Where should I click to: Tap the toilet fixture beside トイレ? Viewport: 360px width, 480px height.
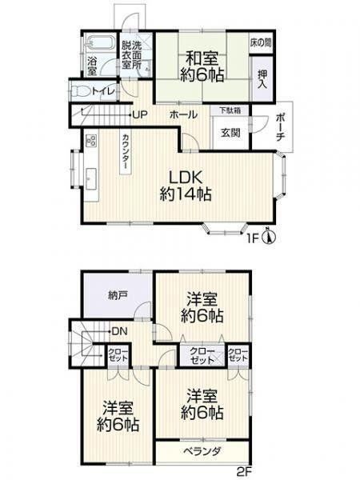click(79, 91)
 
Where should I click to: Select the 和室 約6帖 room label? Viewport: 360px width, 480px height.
click(202, 66)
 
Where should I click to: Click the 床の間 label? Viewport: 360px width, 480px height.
click(261, 42)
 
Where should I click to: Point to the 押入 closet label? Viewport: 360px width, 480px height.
click(262, 79)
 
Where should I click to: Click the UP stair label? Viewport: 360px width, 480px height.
click(140, 114)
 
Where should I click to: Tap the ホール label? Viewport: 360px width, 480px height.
click(183, 114)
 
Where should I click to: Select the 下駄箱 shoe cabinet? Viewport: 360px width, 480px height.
click(230, 110)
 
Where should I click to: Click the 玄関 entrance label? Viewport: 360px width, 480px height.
click(230, 133)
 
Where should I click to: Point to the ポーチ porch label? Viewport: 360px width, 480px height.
click(279, 127)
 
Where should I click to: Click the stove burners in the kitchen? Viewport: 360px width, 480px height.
click(91, 141)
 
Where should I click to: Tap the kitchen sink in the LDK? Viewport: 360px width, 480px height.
click(91, 178)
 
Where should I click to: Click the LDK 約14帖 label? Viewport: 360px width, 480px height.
click(186, 186)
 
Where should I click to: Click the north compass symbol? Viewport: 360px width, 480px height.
click(270, 237)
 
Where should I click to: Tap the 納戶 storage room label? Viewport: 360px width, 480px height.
click(118, 295)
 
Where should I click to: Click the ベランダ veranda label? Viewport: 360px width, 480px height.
click(202, 451)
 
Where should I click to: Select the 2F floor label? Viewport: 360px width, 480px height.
click(244, 470)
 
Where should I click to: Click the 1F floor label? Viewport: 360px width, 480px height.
click(254, 238)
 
